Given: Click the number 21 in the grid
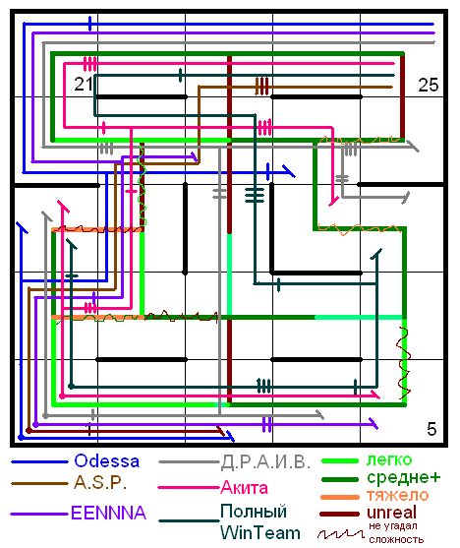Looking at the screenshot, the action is (84, 85).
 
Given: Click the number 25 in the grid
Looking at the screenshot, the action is (429, 85).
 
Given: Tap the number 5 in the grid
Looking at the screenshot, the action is (431, 429).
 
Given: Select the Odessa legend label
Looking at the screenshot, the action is (107, 461).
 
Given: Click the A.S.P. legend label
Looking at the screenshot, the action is (100, 483).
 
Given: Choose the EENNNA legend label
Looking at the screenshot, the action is (108, 513).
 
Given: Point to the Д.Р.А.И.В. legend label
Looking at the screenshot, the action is (265, 462).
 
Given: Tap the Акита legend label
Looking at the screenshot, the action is (244, 488).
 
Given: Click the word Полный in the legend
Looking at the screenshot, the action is (254, 512).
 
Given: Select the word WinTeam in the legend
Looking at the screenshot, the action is (260, 533).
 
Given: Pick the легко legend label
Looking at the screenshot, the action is (389, 459).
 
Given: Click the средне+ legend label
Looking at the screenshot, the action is (404, 477).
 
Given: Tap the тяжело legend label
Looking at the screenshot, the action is (397, 495).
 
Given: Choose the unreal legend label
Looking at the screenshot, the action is (391, 513).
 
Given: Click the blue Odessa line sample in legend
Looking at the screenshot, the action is (39, 462).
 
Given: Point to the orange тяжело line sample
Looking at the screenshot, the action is (340, 497).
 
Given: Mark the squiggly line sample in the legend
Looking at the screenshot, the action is (340, 533).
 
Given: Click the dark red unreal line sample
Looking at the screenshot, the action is (339, 515).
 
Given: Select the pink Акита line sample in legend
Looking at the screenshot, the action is (189, 488).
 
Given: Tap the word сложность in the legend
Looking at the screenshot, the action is (396, 539).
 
